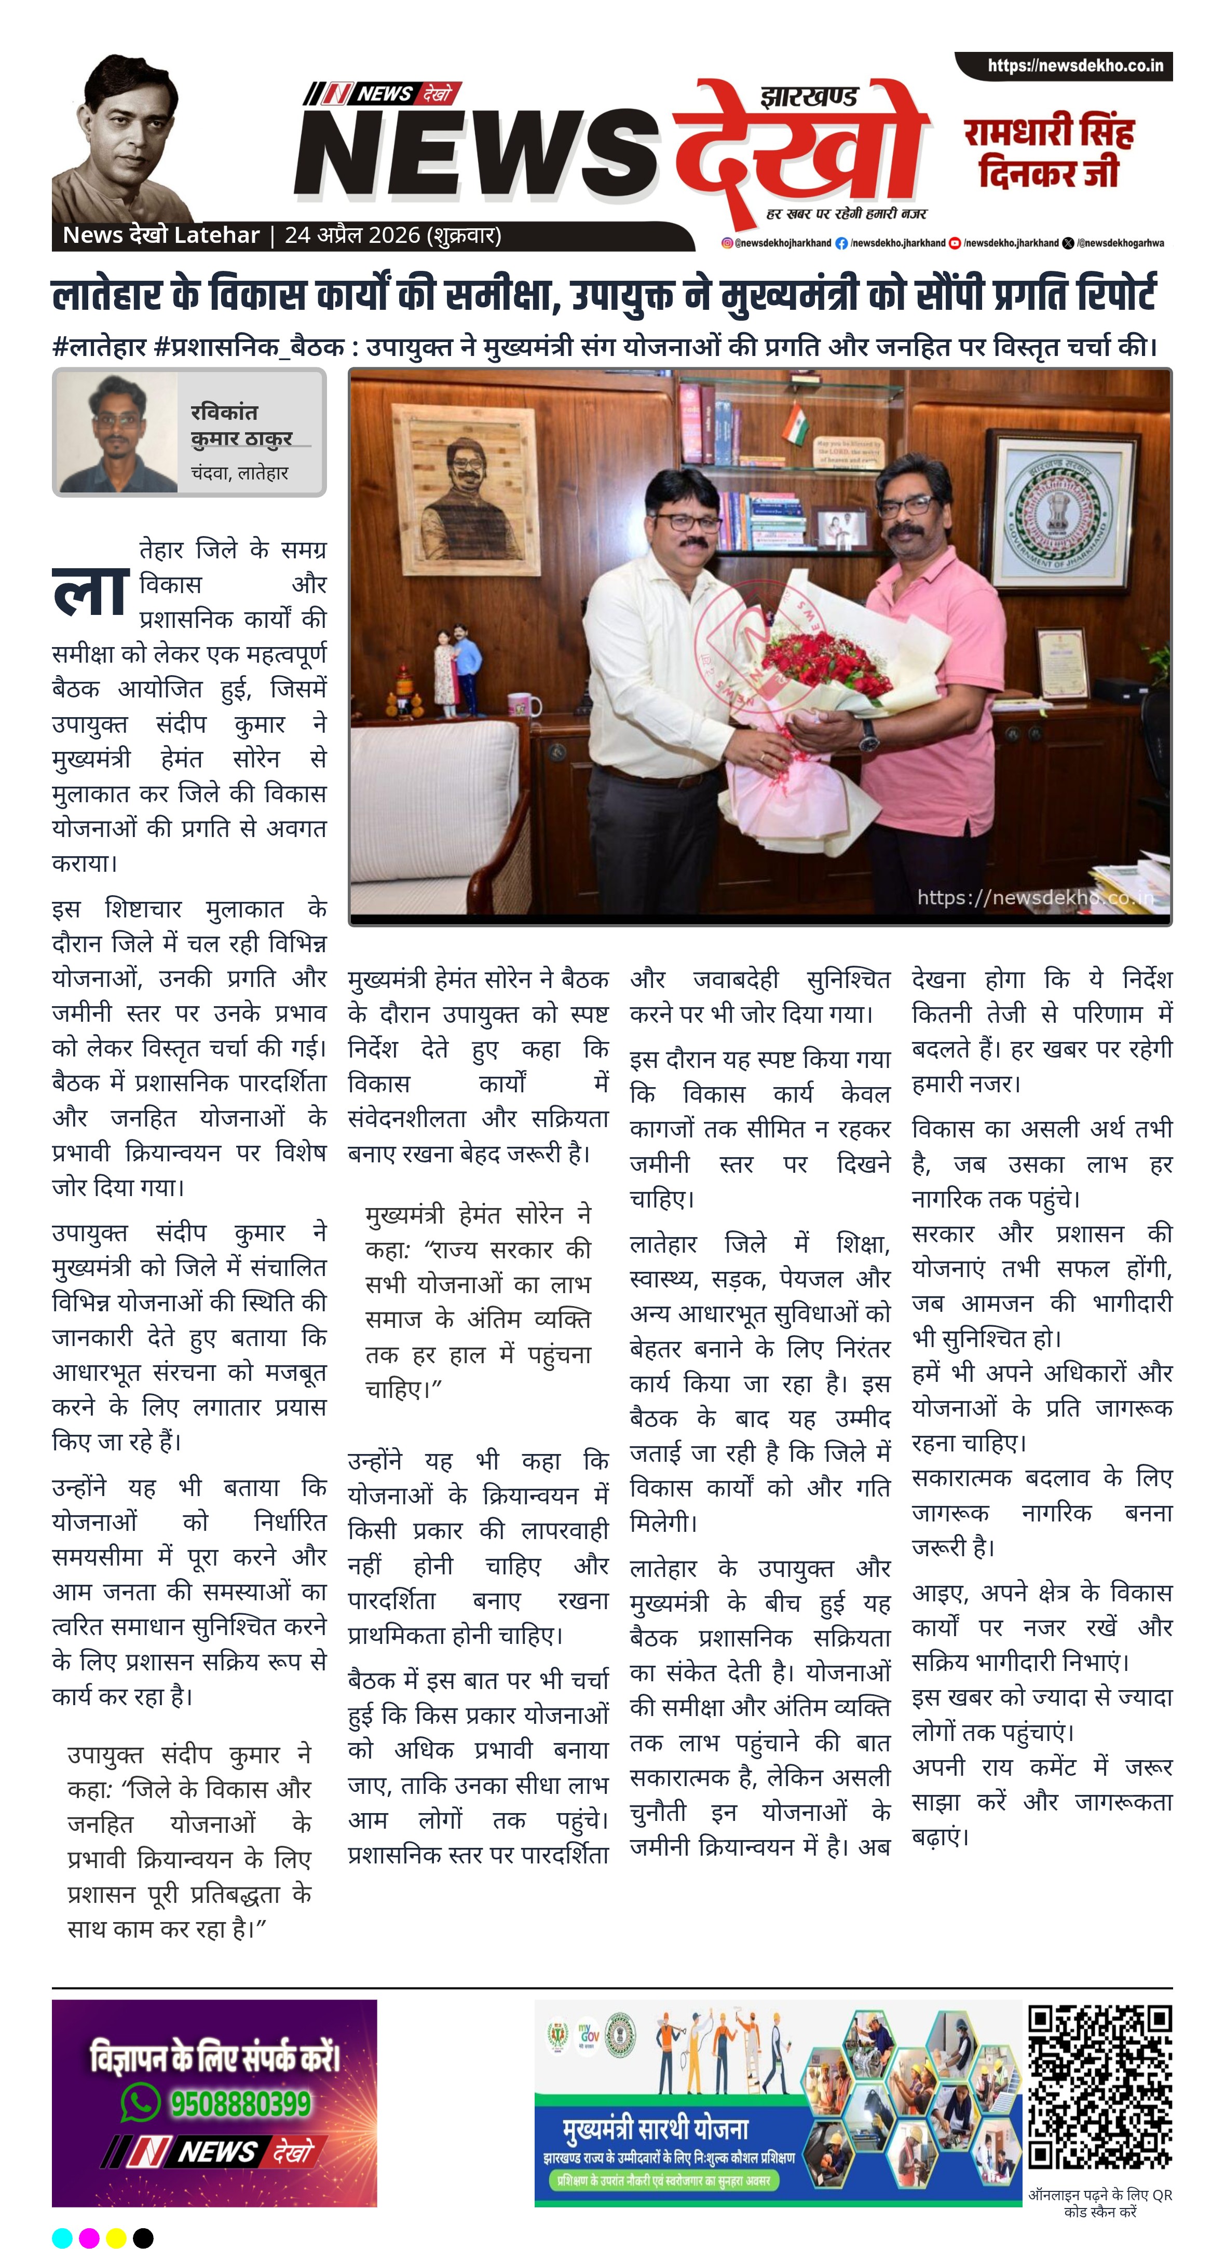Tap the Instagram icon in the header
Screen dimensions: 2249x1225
point(727,243)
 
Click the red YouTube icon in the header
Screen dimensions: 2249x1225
point(955,243)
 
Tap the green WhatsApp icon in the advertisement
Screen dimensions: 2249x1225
point(140,2102)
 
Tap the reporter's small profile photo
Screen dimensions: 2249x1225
point(117,433)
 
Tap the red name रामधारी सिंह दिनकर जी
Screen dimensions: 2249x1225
point(1049,152)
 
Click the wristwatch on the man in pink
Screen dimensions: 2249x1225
point(868,735)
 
